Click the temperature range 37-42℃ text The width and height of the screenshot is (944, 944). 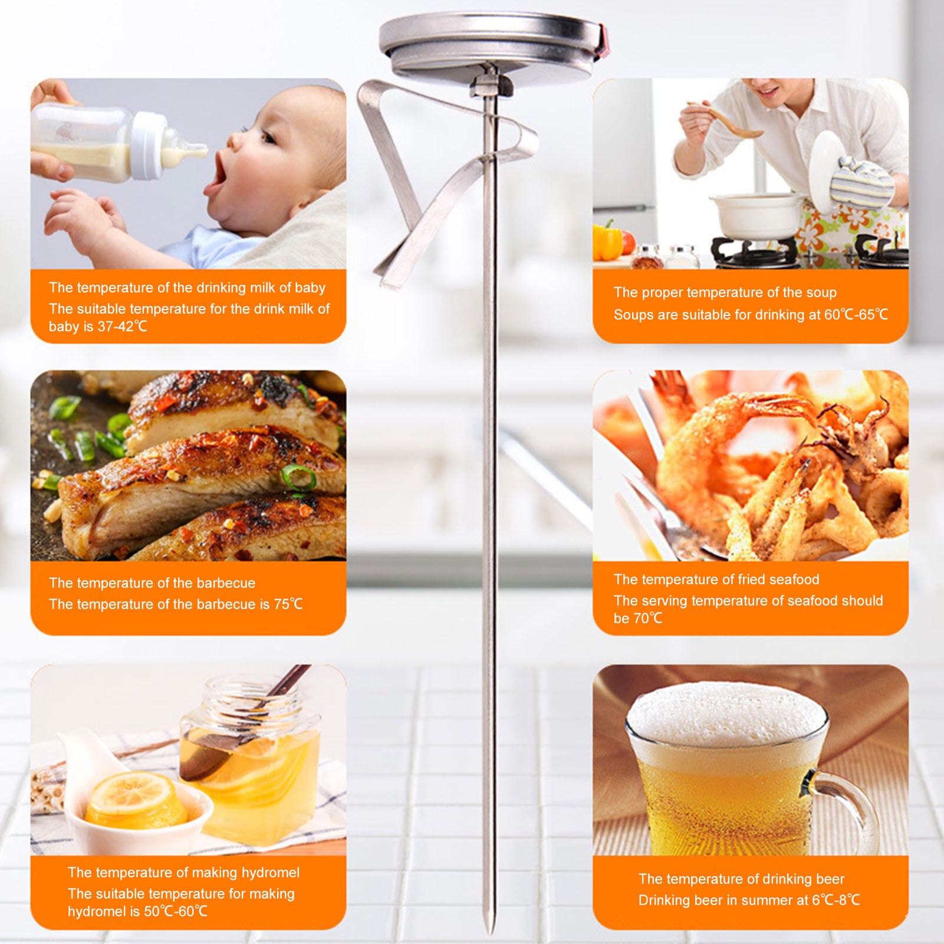(122, 327)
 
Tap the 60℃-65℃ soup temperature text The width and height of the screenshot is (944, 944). (856, 315)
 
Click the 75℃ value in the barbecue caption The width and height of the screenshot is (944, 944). (288, 604)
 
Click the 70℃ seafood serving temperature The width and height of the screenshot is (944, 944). (647, 619)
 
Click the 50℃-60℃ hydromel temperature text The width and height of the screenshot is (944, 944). (175, 912)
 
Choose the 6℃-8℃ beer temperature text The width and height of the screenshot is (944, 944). (836, 900)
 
